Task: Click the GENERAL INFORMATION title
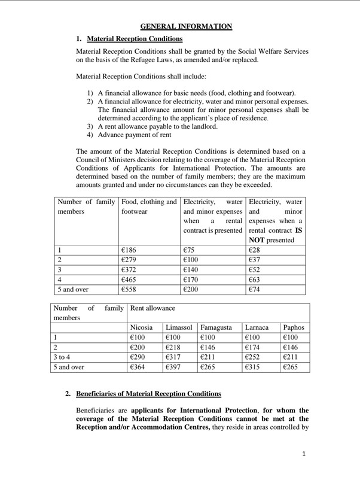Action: click(x=186, y=26)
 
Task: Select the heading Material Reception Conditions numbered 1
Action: click(x=135, y=39)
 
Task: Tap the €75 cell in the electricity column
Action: click(x=191, y=250)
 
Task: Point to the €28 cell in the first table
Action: click(x=255, y=250)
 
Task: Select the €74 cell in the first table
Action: click(x=255, y=288)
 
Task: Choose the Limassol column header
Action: click(x=178, y=327)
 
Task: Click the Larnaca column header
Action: click(x=259, y=327)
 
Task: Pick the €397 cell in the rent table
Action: click(x=174, y=367)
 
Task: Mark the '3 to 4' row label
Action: click(x=62, y=357)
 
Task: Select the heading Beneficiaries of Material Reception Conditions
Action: click(x=148, y=394)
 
